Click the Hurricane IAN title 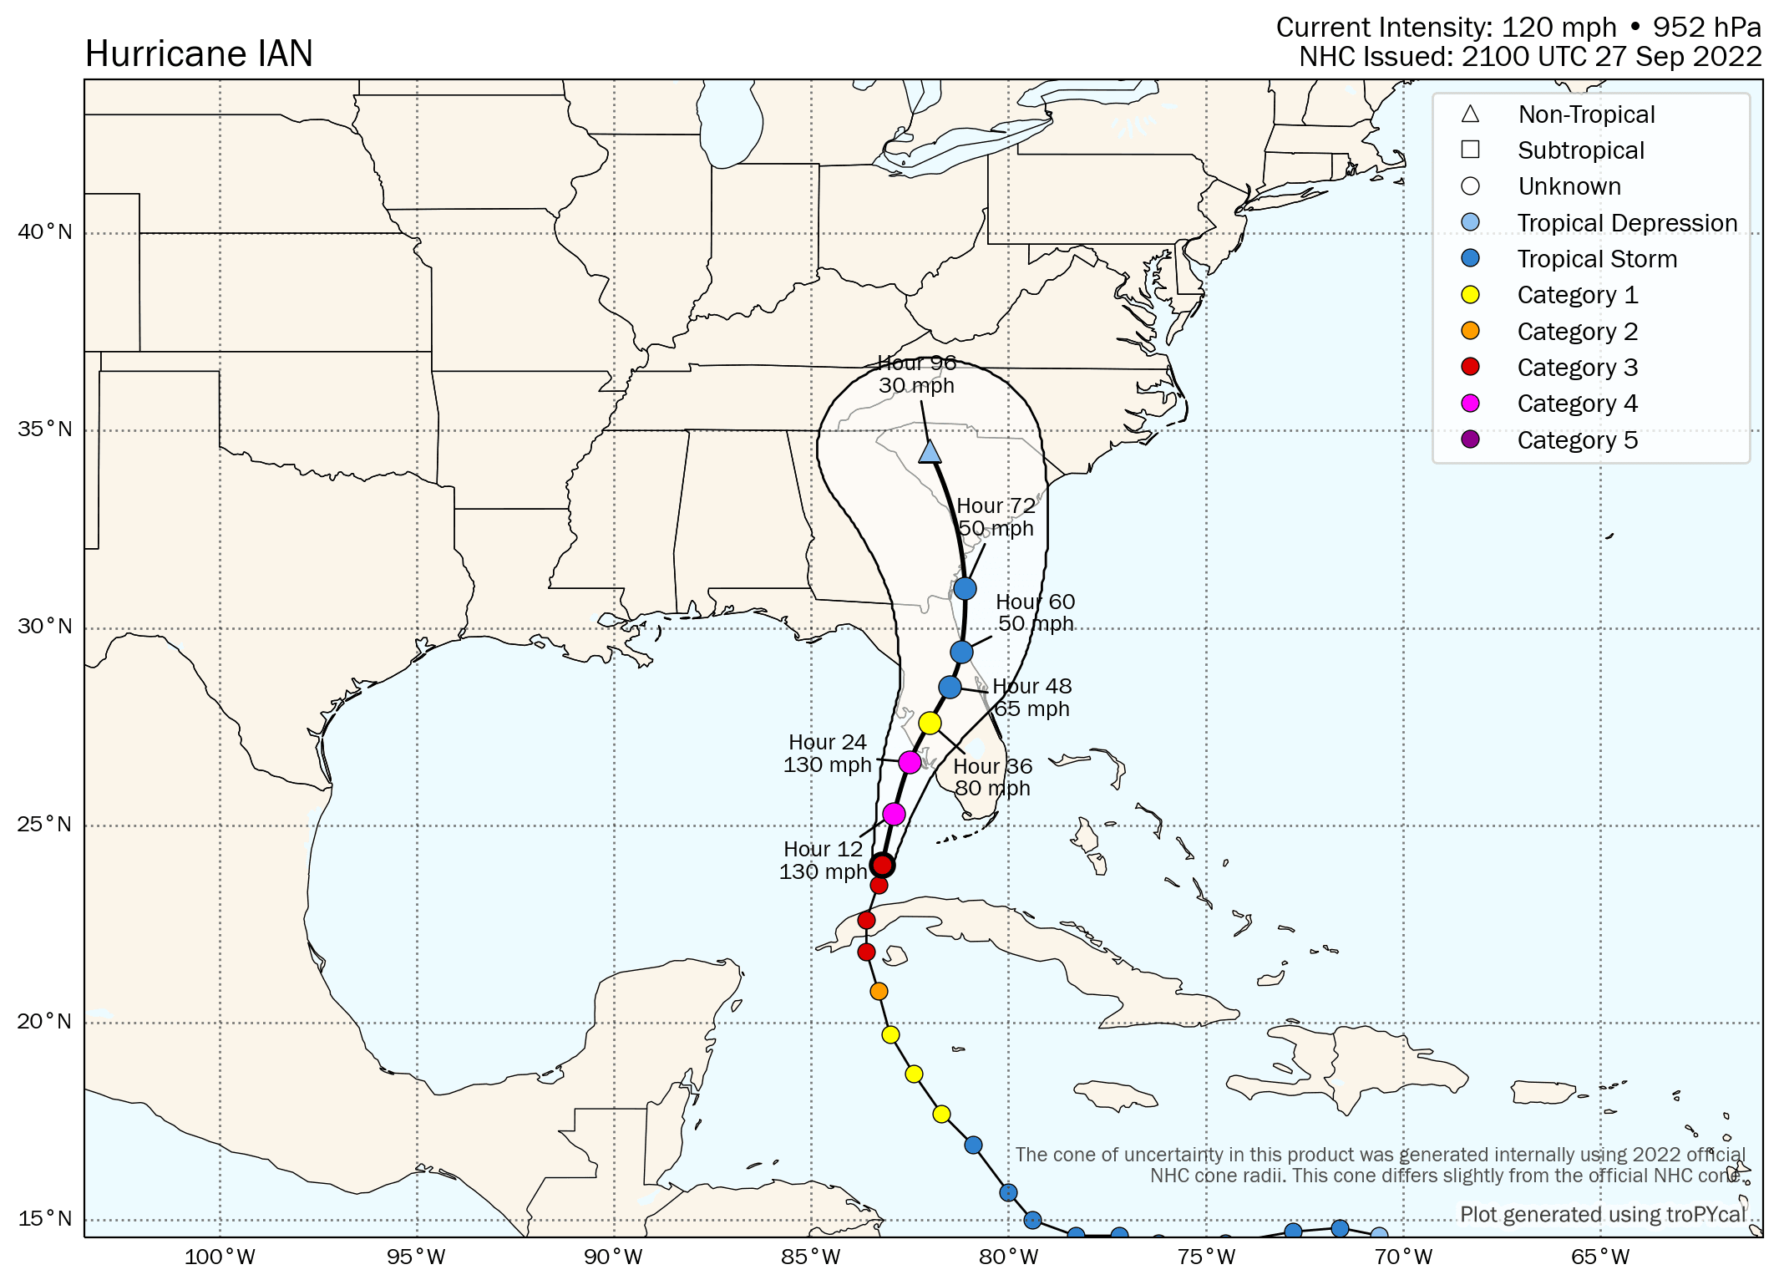click(199, 54)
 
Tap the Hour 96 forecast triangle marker click(930, 453)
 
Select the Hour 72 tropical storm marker click(965, 588)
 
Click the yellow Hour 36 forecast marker click(930, 723)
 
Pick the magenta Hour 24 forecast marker click(910, 762)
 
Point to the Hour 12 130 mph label click(823, 861)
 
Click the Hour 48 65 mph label click(1031, 698)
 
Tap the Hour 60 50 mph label click(1035, 613)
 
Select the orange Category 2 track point click(879, 991)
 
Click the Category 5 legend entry click(1577, 440)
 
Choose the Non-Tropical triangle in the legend click(1470, 114)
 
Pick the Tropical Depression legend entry click(1626, 223)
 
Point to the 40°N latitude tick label click(45, 231)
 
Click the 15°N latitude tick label click(45, 1218)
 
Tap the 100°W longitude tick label click(220, 1257)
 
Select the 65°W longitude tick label click(1600, 1257)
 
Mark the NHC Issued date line click(1530, 57)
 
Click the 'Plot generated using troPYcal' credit click(1602, 1214)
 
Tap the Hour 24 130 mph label click(827, 754)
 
